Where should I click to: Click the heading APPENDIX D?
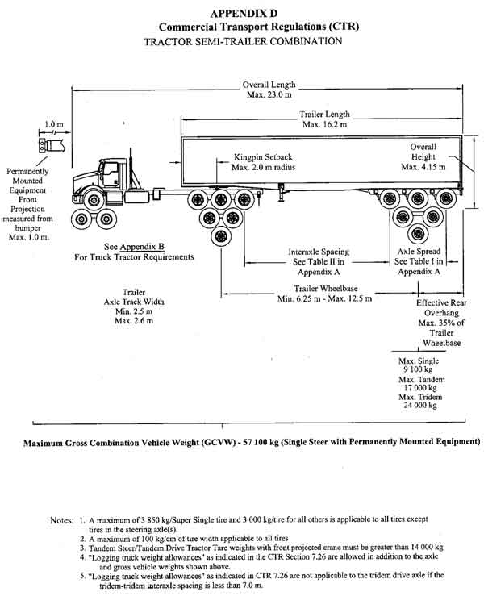point(241,13)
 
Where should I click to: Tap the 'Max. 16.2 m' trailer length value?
point(324,126)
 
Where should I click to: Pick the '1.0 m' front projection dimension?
point(52,126)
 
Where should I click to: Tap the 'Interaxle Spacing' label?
point(318,251)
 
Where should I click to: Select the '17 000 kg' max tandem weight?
point(419,386)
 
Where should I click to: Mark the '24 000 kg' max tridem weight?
point(419,406)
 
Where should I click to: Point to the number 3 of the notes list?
point(81,545)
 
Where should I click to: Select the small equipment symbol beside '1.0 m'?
point(39,145)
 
